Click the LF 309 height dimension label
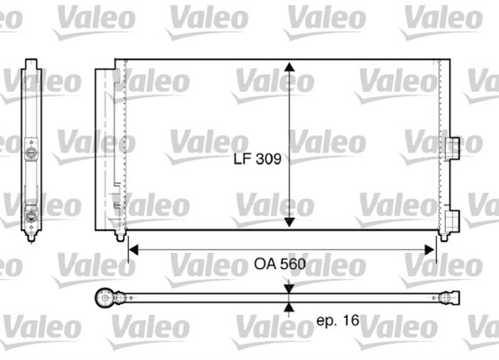[257, 159]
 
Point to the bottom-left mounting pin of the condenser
[121, 235]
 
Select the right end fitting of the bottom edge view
[450, 298]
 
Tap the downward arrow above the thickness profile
[289, 288]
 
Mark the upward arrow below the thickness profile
[289, 308]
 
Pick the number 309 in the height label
[267, 159]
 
